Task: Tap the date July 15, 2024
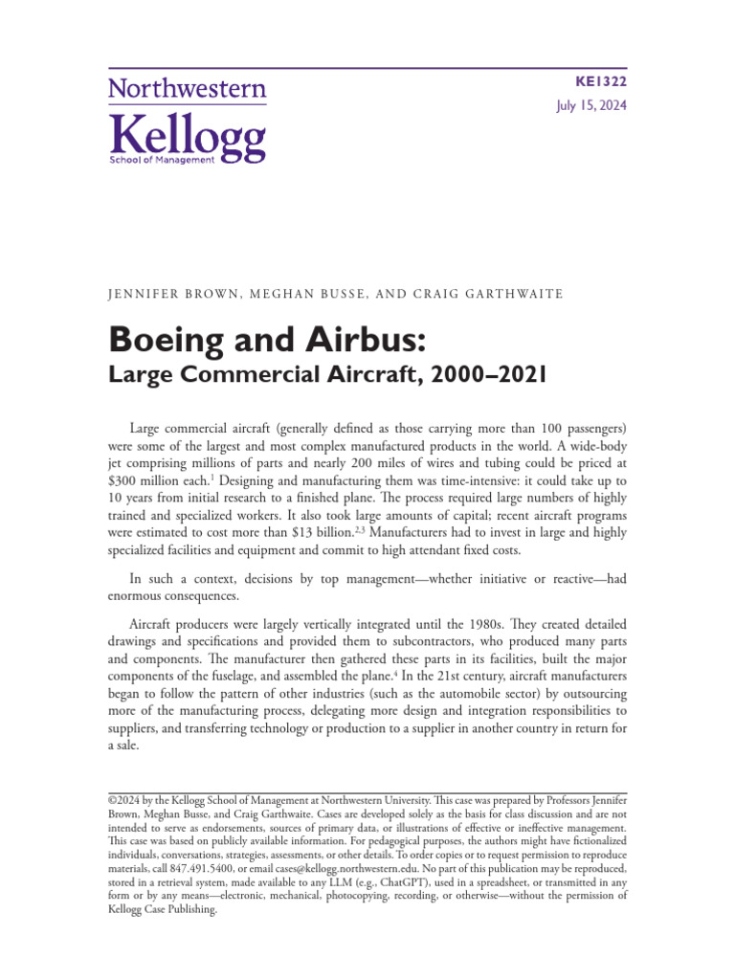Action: (591, 107)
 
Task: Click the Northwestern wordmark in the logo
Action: (188, 90)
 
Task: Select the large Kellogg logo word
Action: (188, 136)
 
